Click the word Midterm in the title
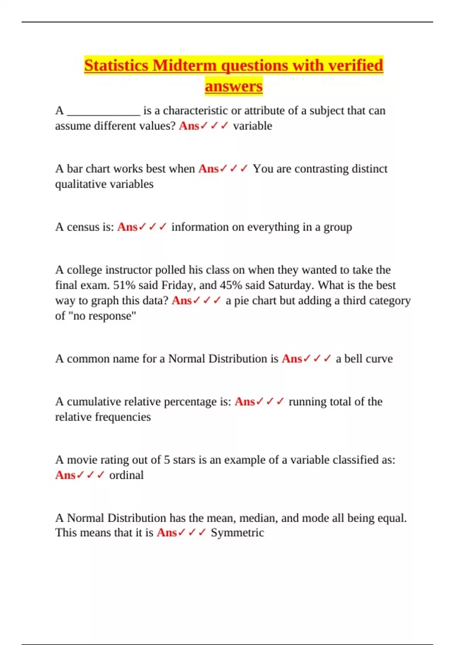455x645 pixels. tap(185, 65)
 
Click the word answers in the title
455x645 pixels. tap(234, 86)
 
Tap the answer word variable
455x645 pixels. tap(253, 126)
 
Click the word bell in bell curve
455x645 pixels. tap(351, 359)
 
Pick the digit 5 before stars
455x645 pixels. tap(167, 460)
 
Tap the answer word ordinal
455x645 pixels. tap(126, 475)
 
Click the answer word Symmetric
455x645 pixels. tap(237, 533)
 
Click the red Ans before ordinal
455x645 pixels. tap(65, 475)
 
